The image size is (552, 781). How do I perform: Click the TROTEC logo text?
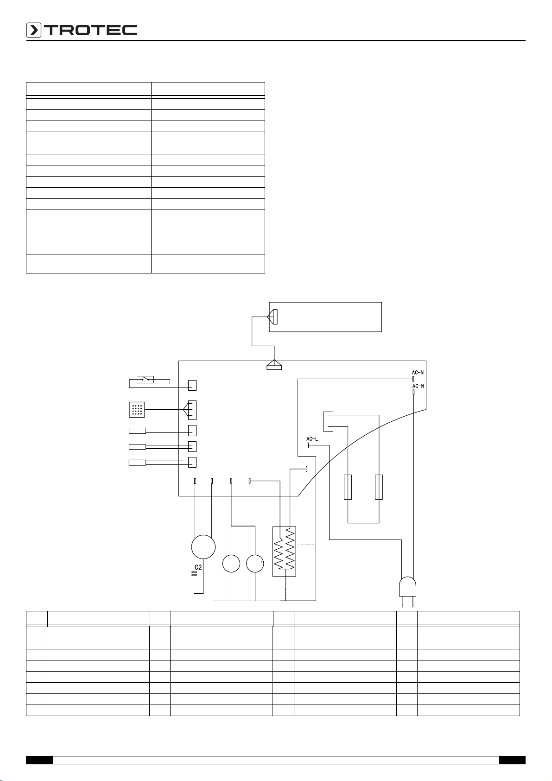tap(90, 31)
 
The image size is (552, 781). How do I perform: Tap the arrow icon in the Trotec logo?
tap(34, 31)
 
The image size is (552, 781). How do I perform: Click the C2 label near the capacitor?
tap(198, 567)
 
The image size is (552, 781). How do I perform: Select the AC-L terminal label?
tap(312, 438)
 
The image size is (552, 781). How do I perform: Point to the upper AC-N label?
tap(418, 372)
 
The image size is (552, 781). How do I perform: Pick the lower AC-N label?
tap(418, 386)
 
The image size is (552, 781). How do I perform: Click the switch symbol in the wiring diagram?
tap(145, 380)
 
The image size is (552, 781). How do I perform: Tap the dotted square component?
tap(137, 409)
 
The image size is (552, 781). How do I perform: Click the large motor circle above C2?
tap(203, 546)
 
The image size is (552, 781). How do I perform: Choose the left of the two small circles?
tap(231, 564)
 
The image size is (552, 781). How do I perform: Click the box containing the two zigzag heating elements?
tap(284, 551)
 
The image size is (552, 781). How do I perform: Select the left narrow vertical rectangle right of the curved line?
tap(348, 487)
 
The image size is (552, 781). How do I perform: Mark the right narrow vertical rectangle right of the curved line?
tap(379, 487)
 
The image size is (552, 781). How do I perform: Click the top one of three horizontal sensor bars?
tap(137, 431)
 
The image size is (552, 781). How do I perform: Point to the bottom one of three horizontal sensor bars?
tap(137, 462)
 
